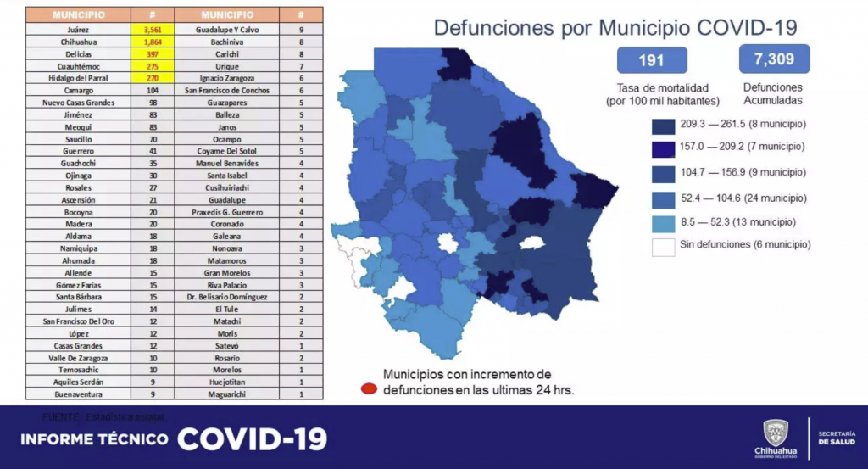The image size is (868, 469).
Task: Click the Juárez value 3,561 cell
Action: click(x=153, y=28)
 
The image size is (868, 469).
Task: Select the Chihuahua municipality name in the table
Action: click(x=78, y=41)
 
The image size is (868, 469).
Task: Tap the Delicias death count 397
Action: click(x=153, y=53)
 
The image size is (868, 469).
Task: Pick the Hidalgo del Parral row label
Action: click(x=78, y=77)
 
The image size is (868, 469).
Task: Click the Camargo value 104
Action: click(x=153, y=90)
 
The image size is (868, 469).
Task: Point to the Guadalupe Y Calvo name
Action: click(x=227, y=28)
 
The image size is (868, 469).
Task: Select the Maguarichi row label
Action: click(x=227, y=394)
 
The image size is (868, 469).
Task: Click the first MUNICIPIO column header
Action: click(x=78, y=15)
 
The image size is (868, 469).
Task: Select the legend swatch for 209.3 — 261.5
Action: click(x=663, y=124)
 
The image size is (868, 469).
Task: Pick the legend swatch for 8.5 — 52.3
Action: click(x=663, y=222)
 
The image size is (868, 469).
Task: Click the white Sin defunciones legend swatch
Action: click(x=663, y=246)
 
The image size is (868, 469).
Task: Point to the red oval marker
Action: click(x=369, y=389)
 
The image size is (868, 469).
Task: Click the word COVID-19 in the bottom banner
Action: click(x=251, y=438)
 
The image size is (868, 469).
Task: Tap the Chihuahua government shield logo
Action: click(x=775, y=432)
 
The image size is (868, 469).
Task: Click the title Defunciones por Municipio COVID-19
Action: click(x=615, y=27)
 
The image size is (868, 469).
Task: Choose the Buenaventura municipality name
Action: click(x=78, y=394)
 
